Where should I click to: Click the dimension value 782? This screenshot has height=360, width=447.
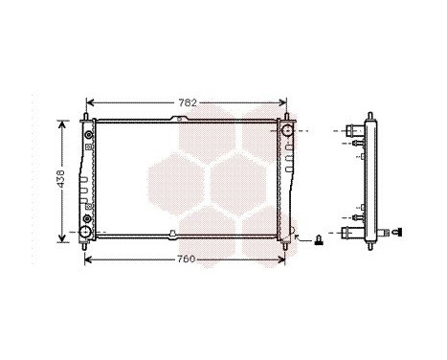coord(188,101)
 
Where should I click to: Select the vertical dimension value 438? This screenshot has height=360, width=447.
coord(60,179)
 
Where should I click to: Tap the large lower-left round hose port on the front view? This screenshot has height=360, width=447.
coord(85,232)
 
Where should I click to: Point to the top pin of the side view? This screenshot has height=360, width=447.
coord(367,118)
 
